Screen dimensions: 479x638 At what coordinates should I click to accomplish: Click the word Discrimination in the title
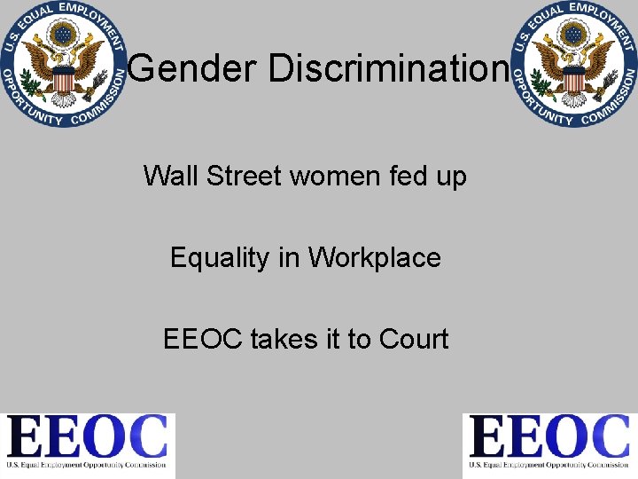(389, 69)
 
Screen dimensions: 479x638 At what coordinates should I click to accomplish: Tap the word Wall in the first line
(170, 176)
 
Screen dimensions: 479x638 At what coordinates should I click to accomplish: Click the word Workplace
(374, 257)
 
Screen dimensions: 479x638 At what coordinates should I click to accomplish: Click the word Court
(414, 339)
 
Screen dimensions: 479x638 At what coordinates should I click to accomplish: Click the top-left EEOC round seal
(63, 64)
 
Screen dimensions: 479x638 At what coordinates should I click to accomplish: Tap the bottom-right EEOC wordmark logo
(549, 444)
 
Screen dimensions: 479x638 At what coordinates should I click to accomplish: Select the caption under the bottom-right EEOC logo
(549, 465)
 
